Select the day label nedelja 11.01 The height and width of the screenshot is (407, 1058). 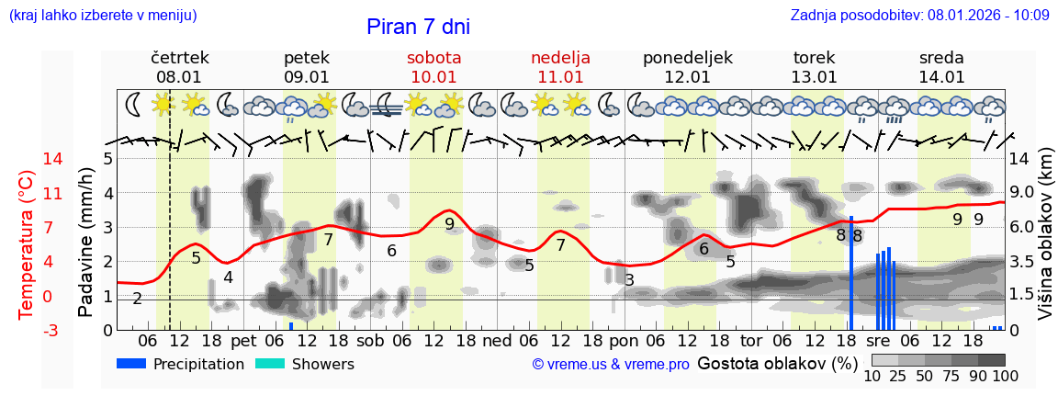click(x=560, y=67)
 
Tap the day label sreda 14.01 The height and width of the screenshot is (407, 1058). click(x=941, y=67)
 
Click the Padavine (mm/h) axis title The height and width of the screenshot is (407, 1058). click(x=84, y=243)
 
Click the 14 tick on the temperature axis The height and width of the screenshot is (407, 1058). click(x=28, y=159)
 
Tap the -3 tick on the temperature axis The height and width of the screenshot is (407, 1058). click(x=28, y=330)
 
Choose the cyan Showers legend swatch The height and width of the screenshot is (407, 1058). click(x=270, y=364)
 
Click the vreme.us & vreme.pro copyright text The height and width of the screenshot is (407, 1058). click(x=611, y=365)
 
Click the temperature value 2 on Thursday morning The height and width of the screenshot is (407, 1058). click(x=137, y=299)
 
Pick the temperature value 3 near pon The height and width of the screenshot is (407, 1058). click(x=629, y=279)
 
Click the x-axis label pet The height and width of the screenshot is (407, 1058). click(x=243, y=340)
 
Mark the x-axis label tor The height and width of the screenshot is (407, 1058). click(x=751, y=340)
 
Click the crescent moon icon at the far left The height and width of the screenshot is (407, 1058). click(x=134, y=104)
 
